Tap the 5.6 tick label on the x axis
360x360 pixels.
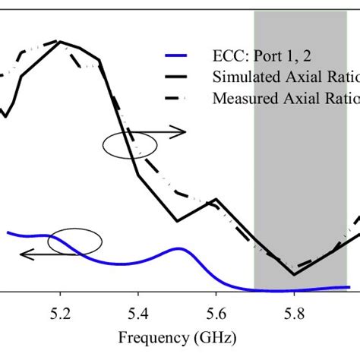(x=216, y=311)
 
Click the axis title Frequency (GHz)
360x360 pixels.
(x=177, y=336)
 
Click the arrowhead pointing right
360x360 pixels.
(x=183, y=132)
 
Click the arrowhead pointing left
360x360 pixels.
(x=24, y=255)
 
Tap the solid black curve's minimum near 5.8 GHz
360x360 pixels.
(x=294, y=274)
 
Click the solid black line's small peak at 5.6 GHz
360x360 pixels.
(x=216, y=201)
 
